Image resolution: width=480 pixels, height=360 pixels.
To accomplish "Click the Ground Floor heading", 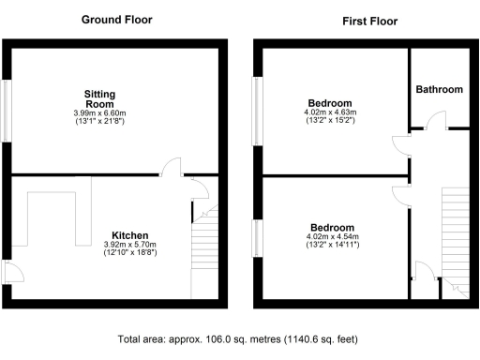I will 117,20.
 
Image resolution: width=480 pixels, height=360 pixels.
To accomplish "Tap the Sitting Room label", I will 99,100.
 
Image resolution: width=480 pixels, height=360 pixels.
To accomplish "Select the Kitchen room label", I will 130,234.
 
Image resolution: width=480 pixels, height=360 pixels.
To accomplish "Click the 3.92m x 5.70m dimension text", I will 130,244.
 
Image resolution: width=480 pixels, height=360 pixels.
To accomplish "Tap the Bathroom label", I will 440,90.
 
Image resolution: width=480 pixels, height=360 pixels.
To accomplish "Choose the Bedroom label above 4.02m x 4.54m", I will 332,227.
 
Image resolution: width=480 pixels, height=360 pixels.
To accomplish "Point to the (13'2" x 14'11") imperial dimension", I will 332,246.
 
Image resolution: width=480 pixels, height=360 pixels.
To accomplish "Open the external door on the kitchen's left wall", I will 11,273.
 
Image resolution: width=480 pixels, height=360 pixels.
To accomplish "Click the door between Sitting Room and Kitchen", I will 172,168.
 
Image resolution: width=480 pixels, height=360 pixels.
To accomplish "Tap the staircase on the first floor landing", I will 455,234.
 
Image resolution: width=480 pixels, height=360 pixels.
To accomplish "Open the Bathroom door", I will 433,120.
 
